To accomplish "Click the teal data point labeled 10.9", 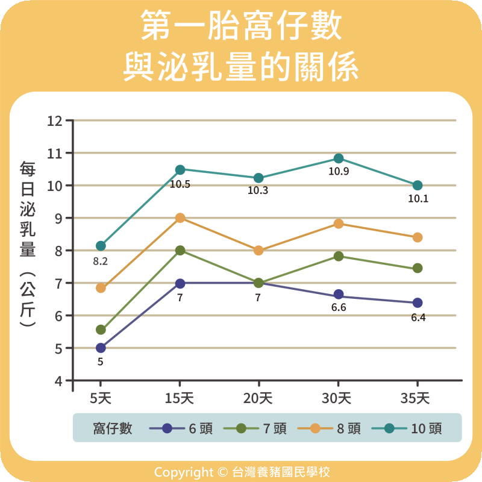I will click(x=338, y=158).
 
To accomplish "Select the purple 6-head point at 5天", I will click(x=101, y=348).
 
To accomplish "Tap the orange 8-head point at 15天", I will click(x=180, y=218).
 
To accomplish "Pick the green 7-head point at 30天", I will click(x=338, y=256).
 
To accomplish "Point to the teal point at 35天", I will click(x=418, y=185).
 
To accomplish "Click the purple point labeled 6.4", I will click(x=418, y=302).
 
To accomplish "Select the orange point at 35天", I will click(x=418, y=237).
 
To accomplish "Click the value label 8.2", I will click(x=100, y=262).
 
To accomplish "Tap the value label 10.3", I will click(x=258, y=191).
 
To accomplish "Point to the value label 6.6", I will click(x=338, y=308).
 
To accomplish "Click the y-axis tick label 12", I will click(x=55, y=120).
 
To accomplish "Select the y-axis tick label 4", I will click(x=58, y=381).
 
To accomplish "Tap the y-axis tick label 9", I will click(x=58, y=218).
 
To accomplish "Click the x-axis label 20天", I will click(x=258, y=398).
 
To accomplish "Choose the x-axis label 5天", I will click(x=101, y=398).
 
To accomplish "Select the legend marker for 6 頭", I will click(x=167, y=428).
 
